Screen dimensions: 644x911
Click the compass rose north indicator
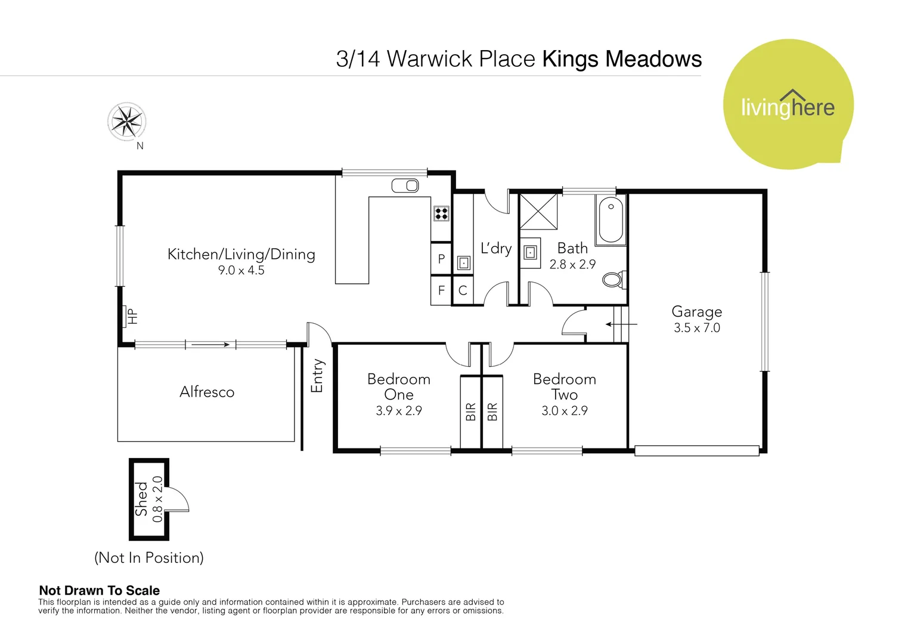point(126,122)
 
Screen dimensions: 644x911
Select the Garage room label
point(696,312)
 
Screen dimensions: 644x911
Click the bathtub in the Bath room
point(611,219)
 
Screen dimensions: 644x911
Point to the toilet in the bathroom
point(613,279)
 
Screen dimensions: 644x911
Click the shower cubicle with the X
point(538,211)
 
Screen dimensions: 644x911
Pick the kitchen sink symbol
point(405,186)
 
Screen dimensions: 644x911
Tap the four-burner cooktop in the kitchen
point(441,213)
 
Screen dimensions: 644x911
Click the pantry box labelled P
point(441,259)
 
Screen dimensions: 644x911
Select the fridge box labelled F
point(441,290)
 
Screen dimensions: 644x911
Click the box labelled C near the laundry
point(463,290)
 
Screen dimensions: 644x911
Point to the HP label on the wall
point(132,316)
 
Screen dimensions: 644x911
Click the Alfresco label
point(207,392)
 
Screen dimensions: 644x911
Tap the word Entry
point(317,376)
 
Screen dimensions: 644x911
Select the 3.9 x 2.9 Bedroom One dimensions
point(398,411)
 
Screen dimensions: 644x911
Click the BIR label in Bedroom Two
point(492,411)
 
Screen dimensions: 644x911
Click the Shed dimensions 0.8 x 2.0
point(157,499)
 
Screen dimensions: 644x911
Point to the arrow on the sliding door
point(210,344)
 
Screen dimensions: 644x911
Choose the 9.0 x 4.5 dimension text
point(241,270)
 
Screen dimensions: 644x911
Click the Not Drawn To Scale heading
point(99,590)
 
